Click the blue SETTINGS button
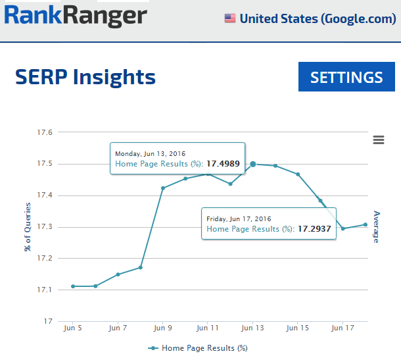[346, 77]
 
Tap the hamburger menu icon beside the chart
[378, 140]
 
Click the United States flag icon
[230, 18]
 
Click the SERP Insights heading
[85, 77]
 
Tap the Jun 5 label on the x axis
[72, 327]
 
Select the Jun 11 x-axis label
[208, 327]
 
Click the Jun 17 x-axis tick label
[342, 327]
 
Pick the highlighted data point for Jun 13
[253, 164]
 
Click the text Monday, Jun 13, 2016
[150, 153]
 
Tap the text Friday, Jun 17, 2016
[239, 219]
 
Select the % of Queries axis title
[28, 226]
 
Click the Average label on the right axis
[377, 226]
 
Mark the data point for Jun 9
[162, 188]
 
